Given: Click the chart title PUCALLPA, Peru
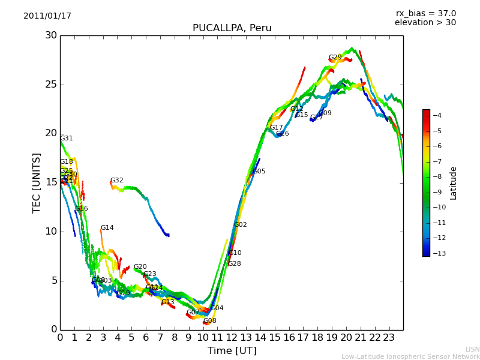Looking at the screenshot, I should coord(232,28).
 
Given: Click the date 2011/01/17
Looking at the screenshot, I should coord(47,16).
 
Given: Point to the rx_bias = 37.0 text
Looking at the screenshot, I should coord(425,13).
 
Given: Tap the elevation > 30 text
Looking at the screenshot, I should coord(425,23).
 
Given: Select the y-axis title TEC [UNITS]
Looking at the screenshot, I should coord(37,182).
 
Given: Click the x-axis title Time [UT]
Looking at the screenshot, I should coord(232,351).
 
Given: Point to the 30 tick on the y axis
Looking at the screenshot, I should coord(50,35).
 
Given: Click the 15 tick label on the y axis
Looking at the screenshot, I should coord(50,182).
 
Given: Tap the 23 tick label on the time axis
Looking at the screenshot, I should coord(389,337).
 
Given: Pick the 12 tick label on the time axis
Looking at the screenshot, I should coord(232,337).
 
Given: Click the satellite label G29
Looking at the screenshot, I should coord(335,58).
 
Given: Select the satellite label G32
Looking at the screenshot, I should coord(116,181).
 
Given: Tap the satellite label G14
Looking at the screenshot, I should coord(107,228).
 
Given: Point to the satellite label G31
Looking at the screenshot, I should coord(66,139).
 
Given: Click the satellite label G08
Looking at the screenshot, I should coord(209,321).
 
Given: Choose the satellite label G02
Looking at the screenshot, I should coord(240,225).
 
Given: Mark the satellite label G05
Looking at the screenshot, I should coord(259,172).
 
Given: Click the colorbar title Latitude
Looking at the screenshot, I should coord(454,183).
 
